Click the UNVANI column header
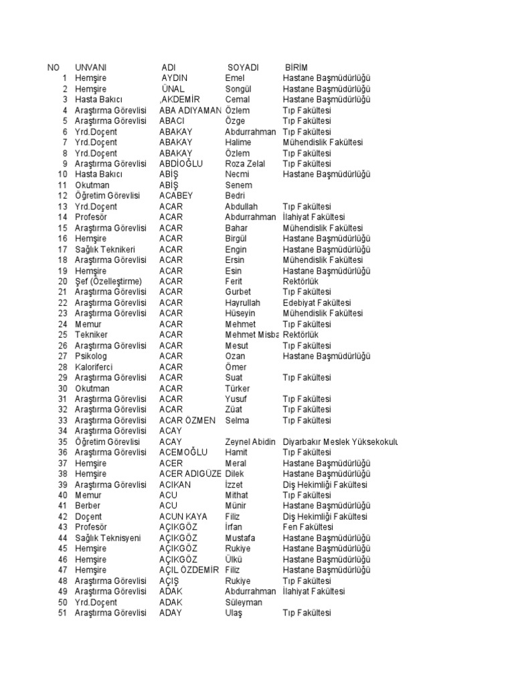tap(91, 68)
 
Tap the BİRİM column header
tap(296, 68)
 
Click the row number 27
tap(63, 357)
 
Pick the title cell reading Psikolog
tap(91, 357)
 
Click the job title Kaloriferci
tap(94, 367)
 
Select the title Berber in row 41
tap(88, 506)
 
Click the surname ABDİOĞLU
tap(181, 164)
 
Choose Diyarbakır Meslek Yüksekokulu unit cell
tap(341, 442)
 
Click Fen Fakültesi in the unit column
tap(307, 528)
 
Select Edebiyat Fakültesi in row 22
tap(317, 303)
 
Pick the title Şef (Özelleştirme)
tap(108, 282)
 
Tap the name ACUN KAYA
tap(183, 517)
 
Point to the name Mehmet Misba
tap(252, 335)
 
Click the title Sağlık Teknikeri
tap(105, 250)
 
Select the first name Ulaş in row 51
tap(234, 613)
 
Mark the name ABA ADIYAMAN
tap(190, 110)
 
